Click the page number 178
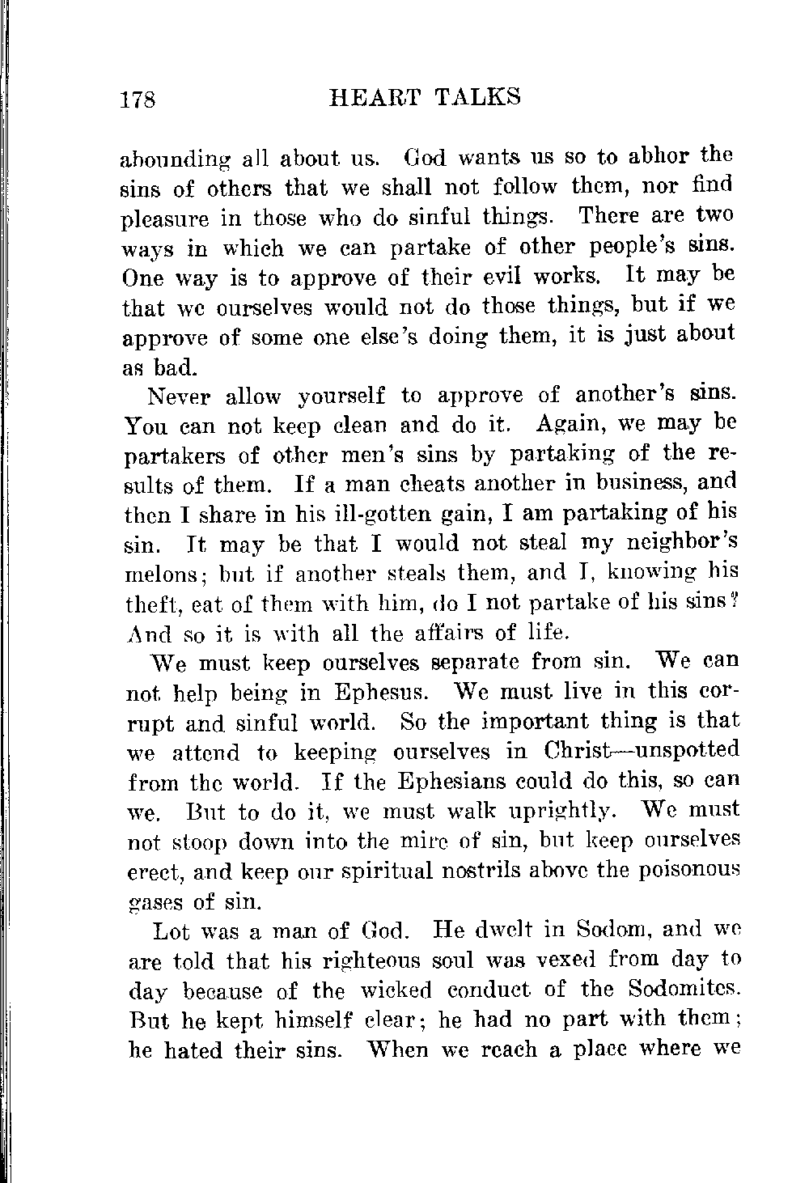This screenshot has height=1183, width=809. (142, 100)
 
